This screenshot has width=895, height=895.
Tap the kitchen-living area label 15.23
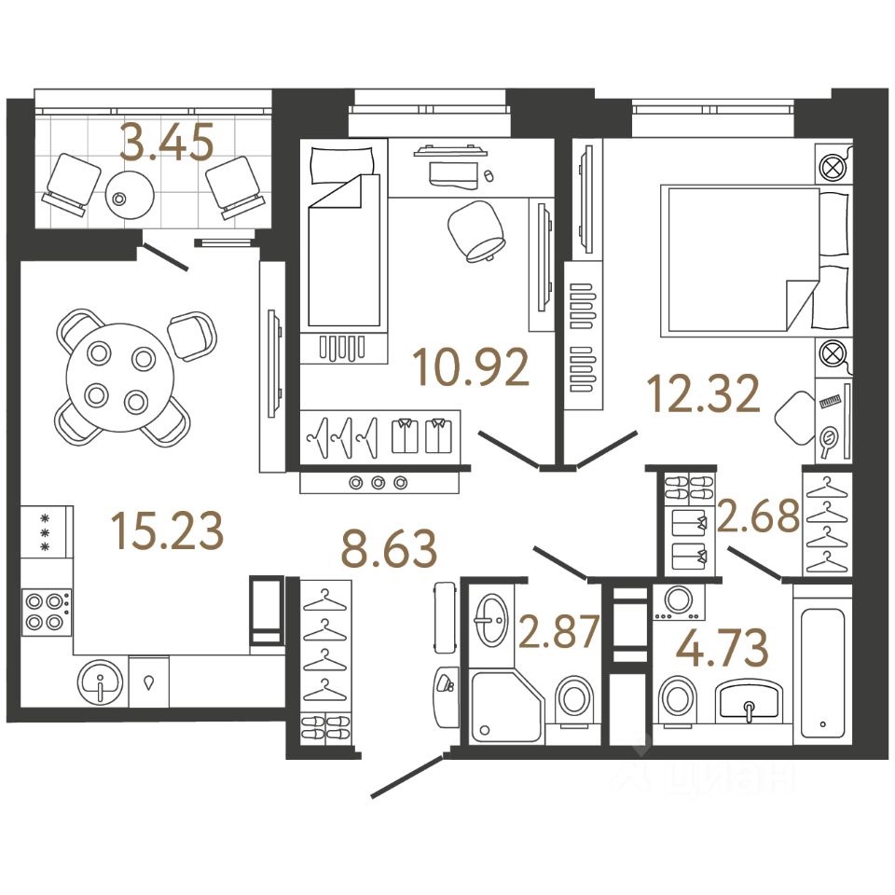[167, 531]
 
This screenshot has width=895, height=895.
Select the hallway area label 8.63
[389, 550]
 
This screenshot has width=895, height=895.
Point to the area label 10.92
[474, 368]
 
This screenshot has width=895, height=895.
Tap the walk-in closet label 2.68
[760, 516]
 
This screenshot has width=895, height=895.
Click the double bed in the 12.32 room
[741, 260]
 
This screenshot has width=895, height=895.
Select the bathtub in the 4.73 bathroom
[822, 669]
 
